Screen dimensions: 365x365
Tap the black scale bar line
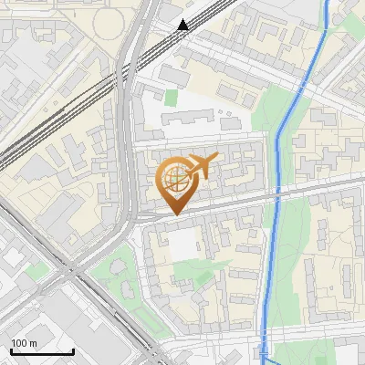pyautogui.click(x=42, y=352)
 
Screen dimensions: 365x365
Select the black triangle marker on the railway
pyautogui.click(x=183, y=25)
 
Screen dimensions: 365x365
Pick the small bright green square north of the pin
pyautogui.click(x=171, y=97)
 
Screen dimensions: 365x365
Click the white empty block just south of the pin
pyautogui.click(x=185, y=243)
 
